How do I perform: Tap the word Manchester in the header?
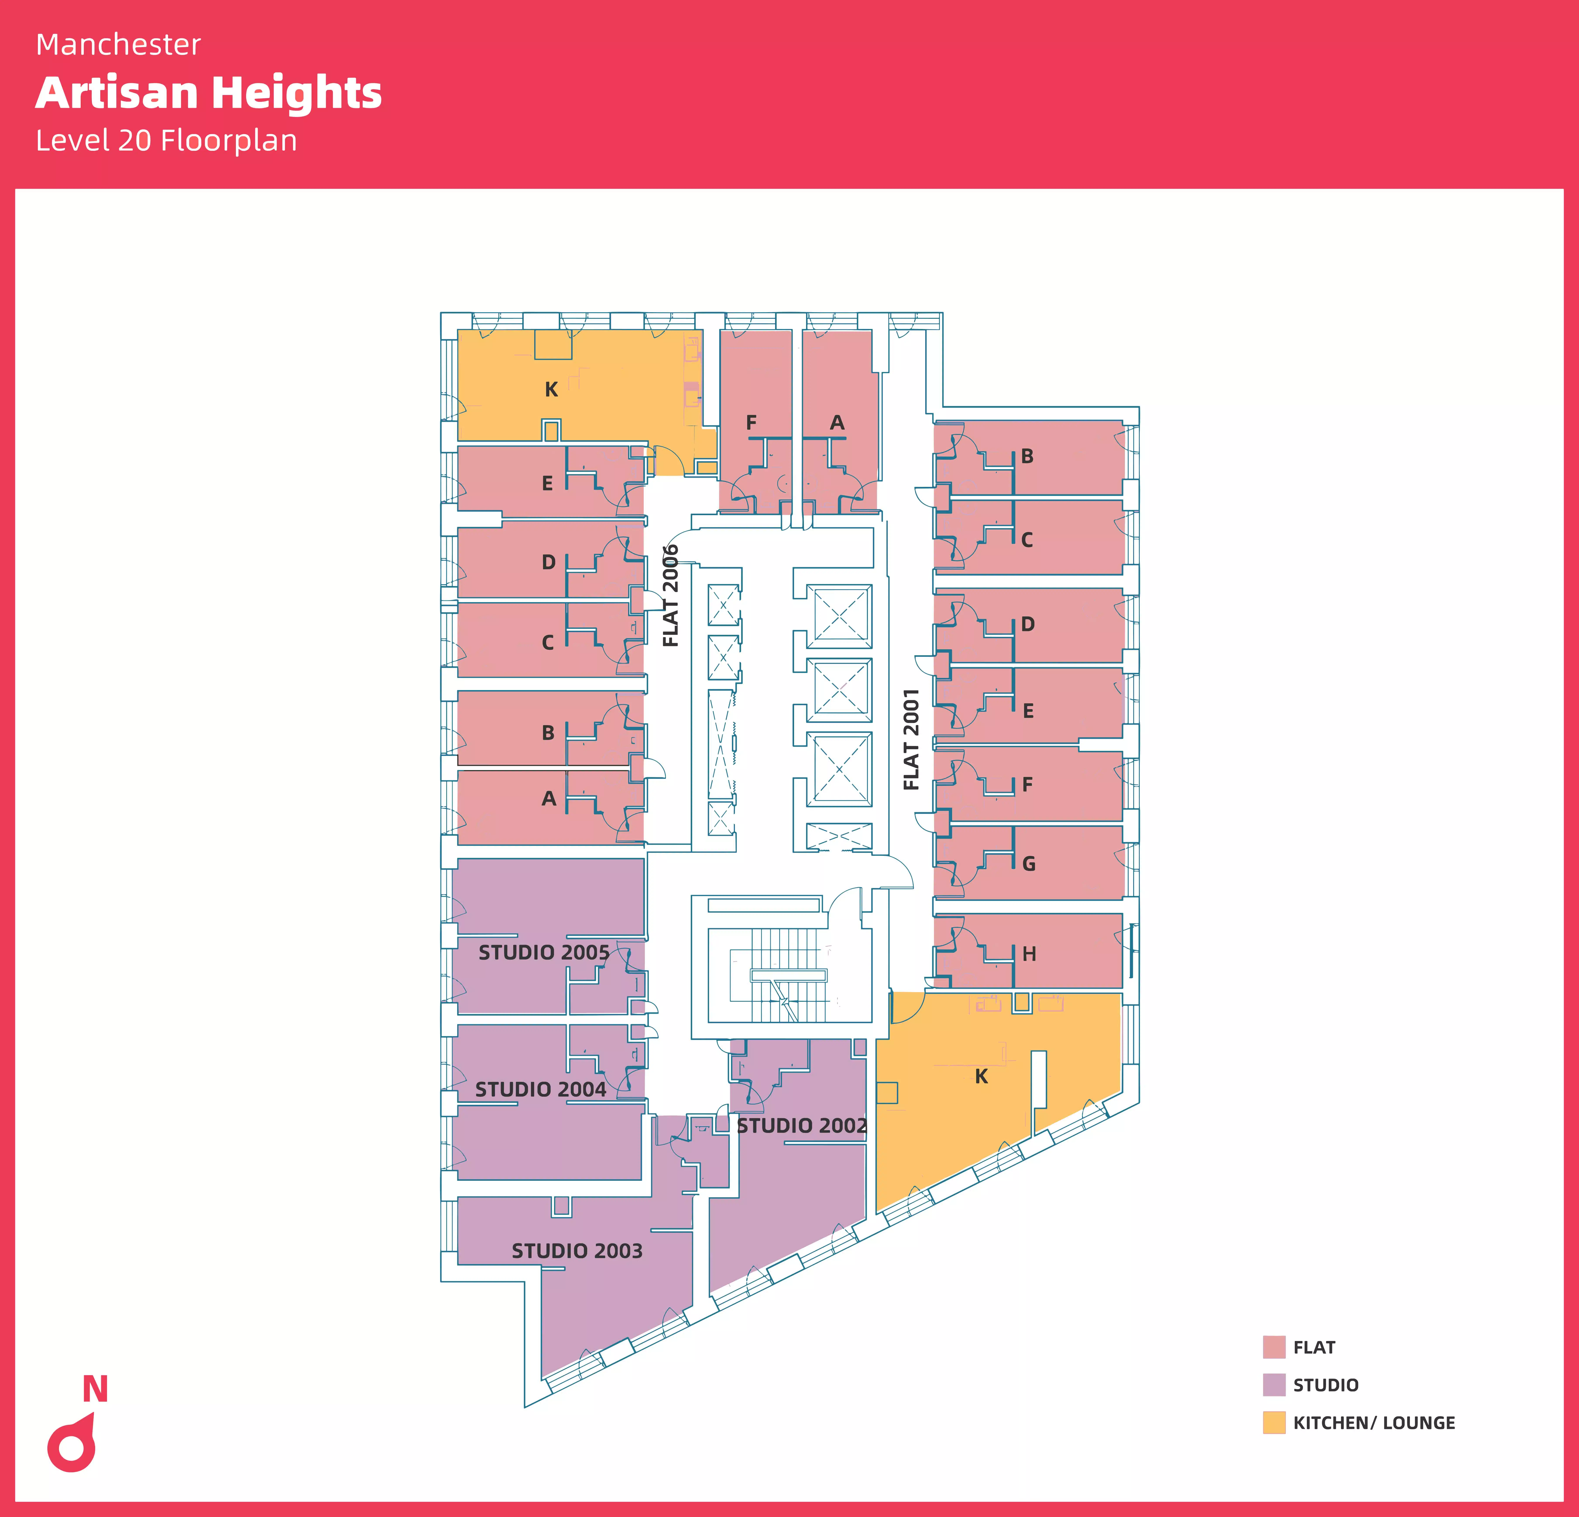pyautogui.click(x=118, y=45)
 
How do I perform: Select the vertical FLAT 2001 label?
pyautogui.click(x=911, y=739)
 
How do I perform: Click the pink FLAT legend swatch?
pyautogui.click(x=1274, y=1347)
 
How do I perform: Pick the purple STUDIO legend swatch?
pyautogui.click(x=1274, y=1385)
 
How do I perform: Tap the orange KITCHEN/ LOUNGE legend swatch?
pyautogui.click(x=1274, y=1423)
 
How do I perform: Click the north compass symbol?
pyautogui.click(x=72, y=1445)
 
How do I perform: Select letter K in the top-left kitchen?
pyautogui.click(x=551, y=389)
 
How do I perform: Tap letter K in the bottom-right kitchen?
pyautogui.click(x=981, y=1076)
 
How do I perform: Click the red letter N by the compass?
pyautogui.click(x=95, y=1389)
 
